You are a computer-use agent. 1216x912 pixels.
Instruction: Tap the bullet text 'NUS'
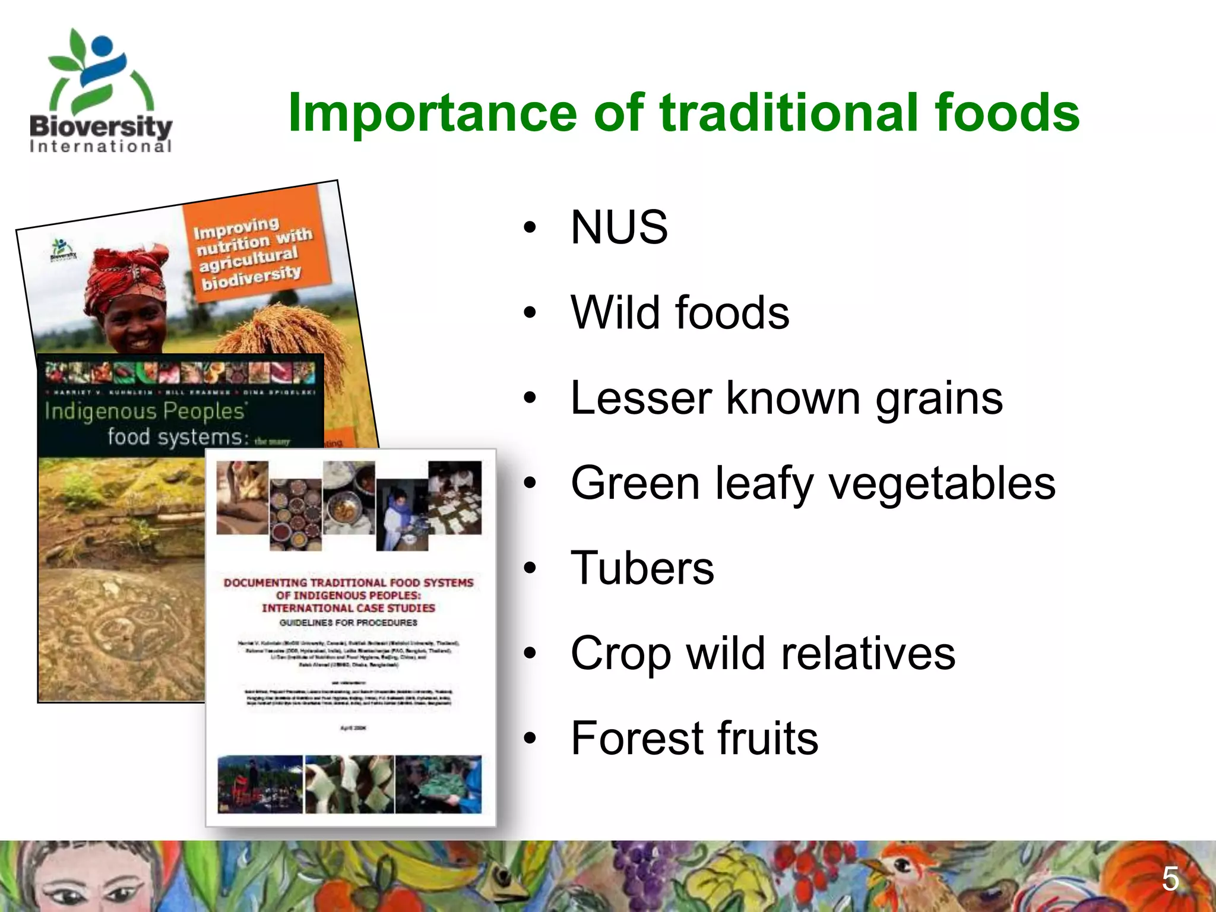(x=619, y=227)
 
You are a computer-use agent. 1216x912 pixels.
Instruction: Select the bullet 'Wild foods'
(x=679, y=313)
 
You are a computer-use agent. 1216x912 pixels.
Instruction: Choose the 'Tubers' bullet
(x=642, y=568)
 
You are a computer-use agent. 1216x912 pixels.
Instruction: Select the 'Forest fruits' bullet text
(x=694, y=738)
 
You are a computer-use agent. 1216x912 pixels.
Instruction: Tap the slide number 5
(x=1170, y=879)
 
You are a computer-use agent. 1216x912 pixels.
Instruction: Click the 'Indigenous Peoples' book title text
(x=146, y=411)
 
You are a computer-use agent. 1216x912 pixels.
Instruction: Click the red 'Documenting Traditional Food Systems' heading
(x=349, y=595)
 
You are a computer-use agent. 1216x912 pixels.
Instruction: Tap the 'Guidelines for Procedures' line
(x=349, y=623)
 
